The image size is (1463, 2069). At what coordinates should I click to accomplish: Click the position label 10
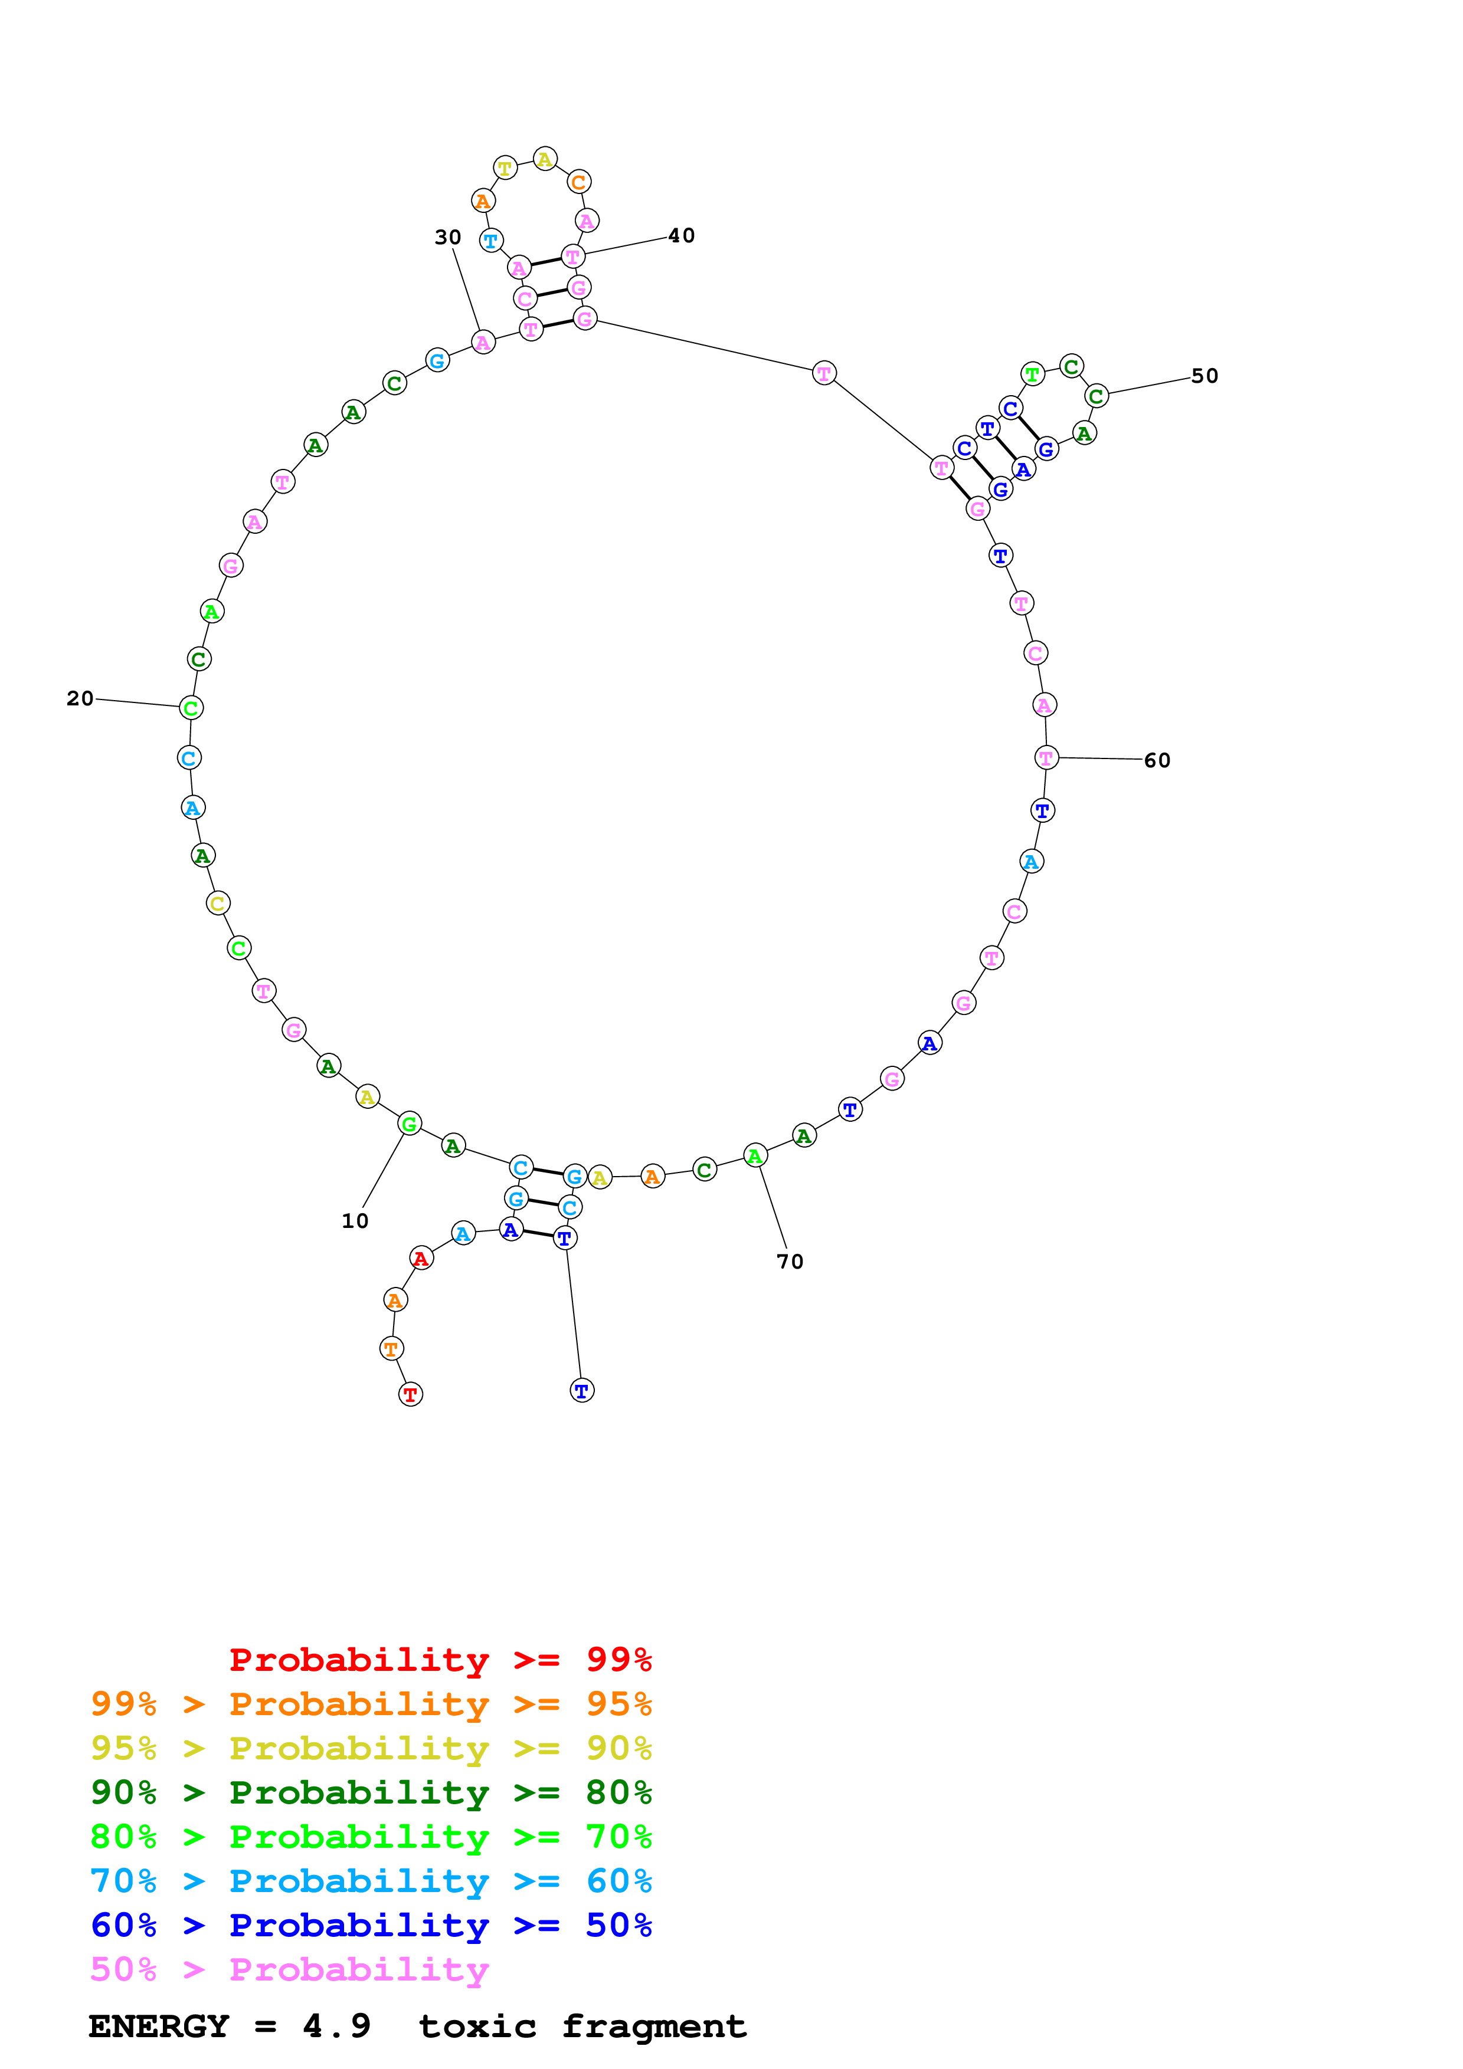point(354,1221)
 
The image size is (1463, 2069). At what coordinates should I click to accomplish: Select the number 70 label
point(790,1262)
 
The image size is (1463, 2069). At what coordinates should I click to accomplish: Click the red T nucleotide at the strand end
point(410,1394)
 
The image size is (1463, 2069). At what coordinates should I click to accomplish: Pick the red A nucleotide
point(421,1258)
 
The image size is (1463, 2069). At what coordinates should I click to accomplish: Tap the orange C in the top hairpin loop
point(579,182)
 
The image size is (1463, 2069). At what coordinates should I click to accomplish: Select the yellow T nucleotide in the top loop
point(505,168)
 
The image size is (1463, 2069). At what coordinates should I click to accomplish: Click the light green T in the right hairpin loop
point(1032,373)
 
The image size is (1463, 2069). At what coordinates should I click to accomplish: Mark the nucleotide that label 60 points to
point(1046,758)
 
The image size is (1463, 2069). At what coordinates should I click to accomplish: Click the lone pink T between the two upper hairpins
point(824,373)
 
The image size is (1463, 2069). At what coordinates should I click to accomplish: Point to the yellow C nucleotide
point(217,903)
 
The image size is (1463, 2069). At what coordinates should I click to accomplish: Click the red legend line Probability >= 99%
point(440,1659)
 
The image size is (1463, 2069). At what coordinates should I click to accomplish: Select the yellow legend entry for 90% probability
point(371,1748)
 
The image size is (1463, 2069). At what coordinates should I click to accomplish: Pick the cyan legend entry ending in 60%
point(371,1881)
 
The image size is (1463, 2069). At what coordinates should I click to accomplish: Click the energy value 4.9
point(336,2027)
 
